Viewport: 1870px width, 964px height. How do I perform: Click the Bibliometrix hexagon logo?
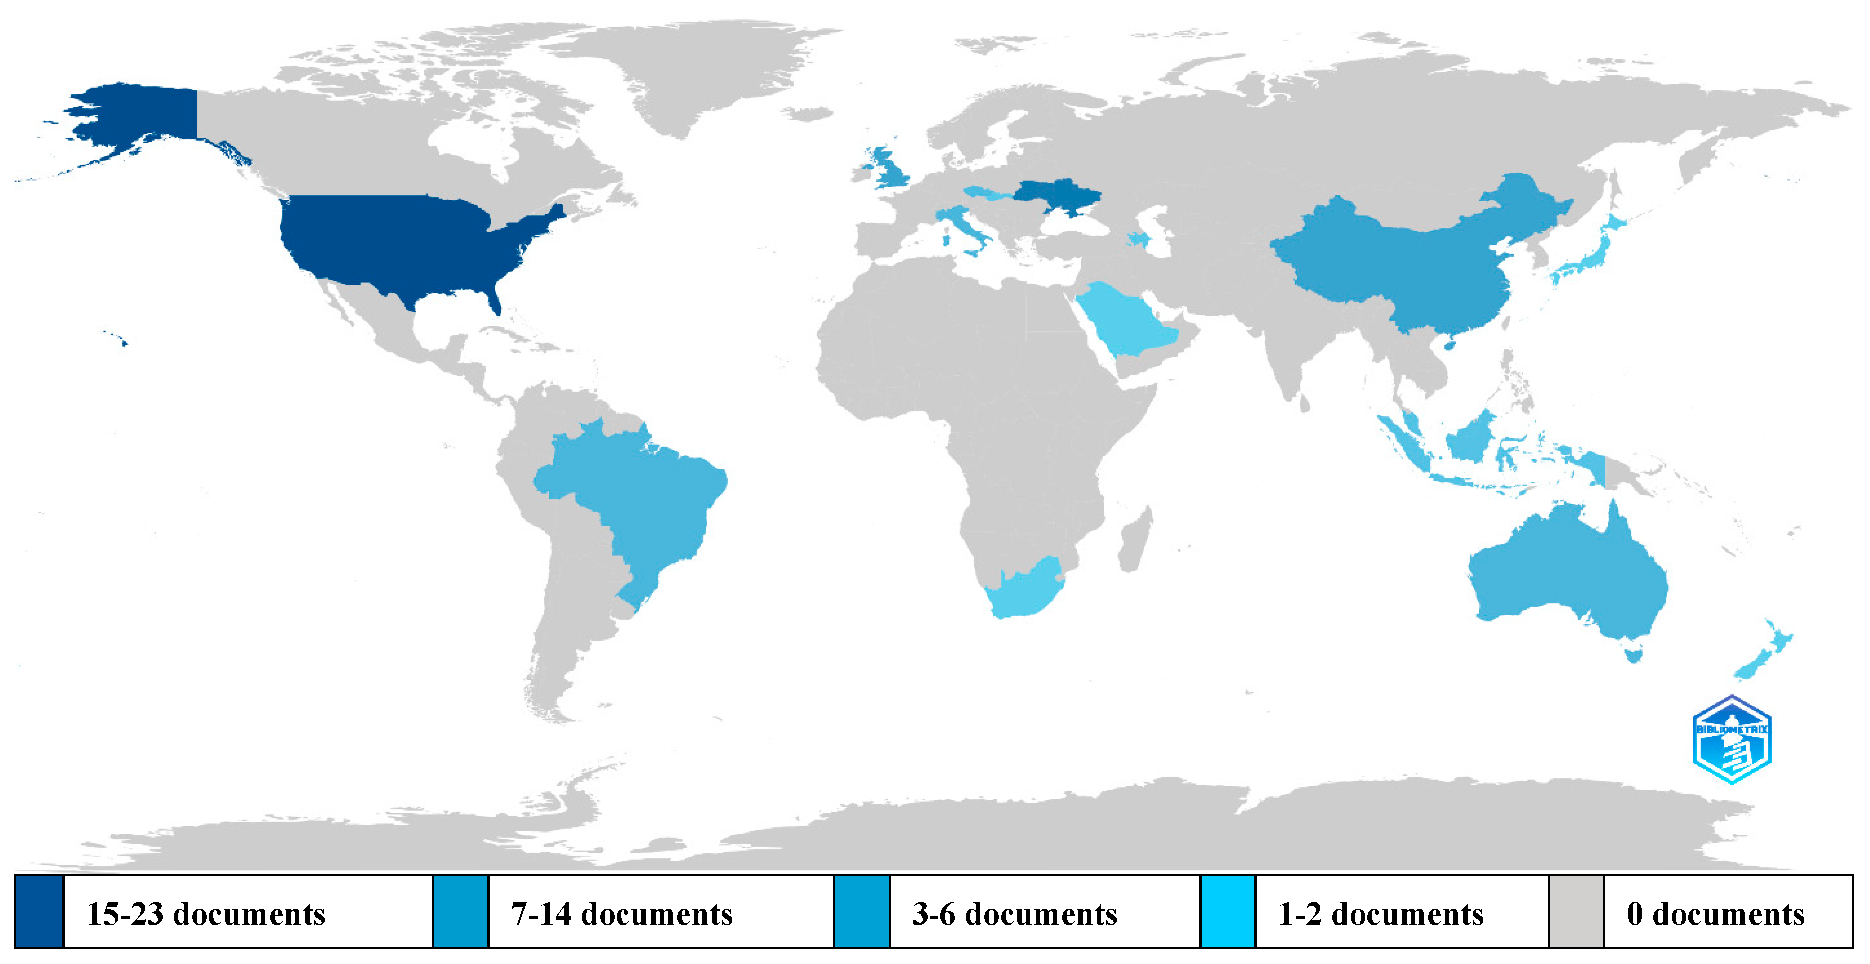[x=1732, y=740]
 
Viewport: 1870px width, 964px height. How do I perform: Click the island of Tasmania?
[x=1633, y=655]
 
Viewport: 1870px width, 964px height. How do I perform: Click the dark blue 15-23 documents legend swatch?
[x=39, y=911]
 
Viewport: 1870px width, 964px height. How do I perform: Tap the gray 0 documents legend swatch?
[x=1575, y=911]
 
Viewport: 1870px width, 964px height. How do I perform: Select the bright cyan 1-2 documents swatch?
[x=1227, y=911]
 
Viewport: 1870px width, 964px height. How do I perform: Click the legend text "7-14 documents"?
[x=622, y=913]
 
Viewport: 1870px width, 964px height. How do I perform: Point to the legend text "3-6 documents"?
[x=1014, y=913]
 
